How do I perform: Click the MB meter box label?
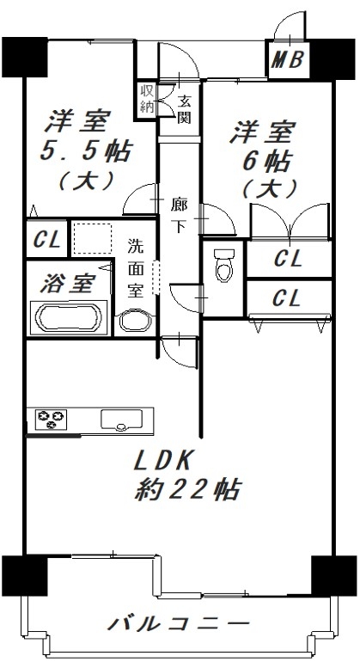pyautogui.click(x=287, y=59)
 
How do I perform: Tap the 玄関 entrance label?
pyautogui.click(x=184, y=109)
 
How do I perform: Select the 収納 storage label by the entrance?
pyautogui.click(x=147, y=98)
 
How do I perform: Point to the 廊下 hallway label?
pyautogui.click(x=179, y=215)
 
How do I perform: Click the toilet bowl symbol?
pyautogui.click(x=224, y=265)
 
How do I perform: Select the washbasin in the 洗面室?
pyautogui.click(x=135, y=322)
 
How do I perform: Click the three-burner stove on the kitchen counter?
pyautogui.click(x=51, y=419)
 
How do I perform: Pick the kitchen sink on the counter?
pyautogui.click(x=121, y=420)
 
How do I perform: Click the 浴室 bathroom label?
pyautogui.click(x=68, y=284)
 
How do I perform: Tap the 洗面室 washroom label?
pyautogui.click(x=136, y=268)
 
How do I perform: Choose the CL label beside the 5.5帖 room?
pyautogui.click(x=47, y=240)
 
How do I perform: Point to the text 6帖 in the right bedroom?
pyautogui.click(x=265, y=161)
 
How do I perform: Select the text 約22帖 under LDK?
pyautogui.click(x=188, y=489)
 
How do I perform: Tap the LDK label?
pyautogui.click(x=163, y=461)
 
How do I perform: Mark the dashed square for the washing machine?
pyautogui.click(x=93, y=238)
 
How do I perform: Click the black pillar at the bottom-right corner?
pyautogui.click(x=333, y=575)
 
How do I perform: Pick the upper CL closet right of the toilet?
pyautogui.click(x=289, y=259)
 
